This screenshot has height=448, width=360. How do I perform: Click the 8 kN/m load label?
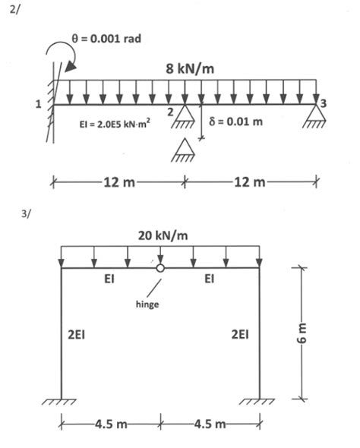click(190, 69)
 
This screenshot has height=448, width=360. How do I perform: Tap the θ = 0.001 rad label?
click(106, 38)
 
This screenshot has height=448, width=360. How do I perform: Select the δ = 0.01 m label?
click(236, 121)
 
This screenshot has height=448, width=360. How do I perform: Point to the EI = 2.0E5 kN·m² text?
click(115, 125)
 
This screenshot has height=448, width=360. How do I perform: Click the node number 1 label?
click(38, 104)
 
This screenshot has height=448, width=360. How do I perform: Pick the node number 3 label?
click(323, 103)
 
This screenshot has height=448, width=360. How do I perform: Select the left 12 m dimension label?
click(119, 182)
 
